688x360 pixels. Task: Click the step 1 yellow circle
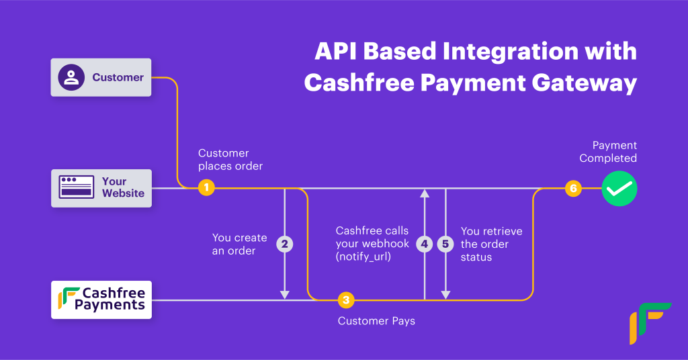tap(206, 188)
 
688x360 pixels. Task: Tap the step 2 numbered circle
tap(285, 244)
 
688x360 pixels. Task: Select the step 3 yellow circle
tap(345, 300)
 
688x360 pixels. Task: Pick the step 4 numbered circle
tap(424, 244)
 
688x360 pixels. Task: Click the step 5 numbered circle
tap(445, 244)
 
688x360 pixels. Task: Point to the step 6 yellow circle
tap(573, 188)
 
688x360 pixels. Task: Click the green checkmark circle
tap(618, 188)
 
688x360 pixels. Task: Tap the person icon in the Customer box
tap(71, 77)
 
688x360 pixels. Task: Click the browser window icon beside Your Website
tap(77, 187)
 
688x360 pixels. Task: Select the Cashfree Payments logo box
tap(101, 300)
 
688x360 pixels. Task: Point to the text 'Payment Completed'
tap(608, 152)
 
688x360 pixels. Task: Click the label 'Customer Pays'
tap(376, 321)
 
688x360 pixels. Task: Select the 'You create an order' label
tap(239, 244)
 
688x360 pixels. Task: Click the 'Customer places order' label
tap(230, 159)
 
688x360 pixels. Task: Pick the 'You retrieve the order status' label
tap(491, 244)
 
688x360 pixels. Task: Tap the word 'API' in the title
tap(338, 52)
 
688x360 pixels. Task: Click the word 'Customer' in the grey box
tap(118, 77)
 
